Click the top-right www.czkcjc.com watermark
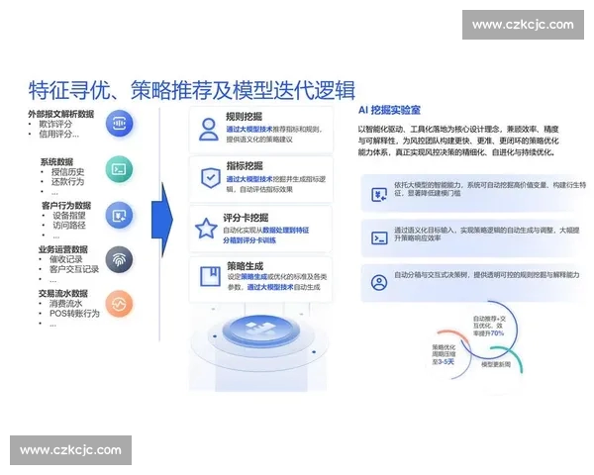click(522, 25)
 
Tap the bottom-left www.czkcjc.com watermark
click(70, 450)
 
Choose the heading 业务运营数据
click(62, 249)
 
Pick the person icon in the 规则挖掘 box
click(208, 130)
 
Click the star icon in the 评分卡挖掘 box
click(208, 229)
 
